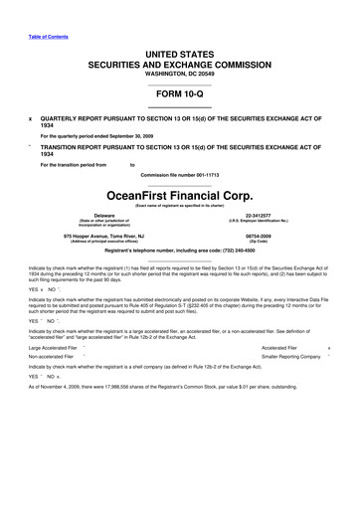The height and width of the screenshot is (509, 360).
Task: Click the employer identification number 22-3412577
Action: click(x=258, y=214)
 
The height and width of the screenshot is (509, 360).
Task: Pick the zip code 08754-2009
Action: click(x=259, y=236)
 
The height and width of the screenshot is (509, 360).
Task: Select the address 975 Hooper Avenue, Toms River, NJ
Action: click(x=103, y=236)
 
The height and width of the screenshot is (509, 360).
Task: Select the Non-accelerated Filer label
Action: click(x=52, y=355)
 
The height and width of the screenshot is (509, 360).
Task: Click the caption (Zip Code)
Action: click(x=259, y=242)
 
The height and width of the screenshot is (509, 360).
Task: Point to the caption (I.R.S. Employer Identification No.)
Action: click(x=258, y=220)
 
